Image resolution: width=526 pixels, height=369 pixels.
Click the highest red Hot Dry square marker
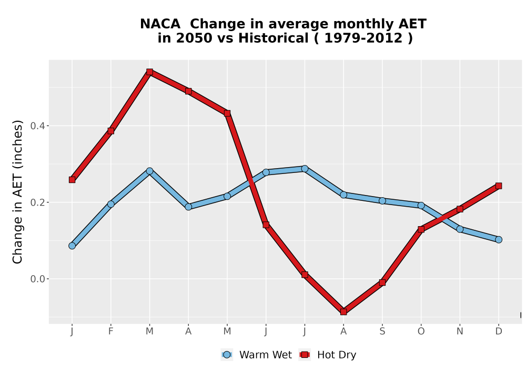pyautogui.click(x=149, y=72)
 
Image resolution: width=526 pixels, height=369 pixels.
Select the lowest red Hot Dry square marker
pyautogui.click(x=343, y=312)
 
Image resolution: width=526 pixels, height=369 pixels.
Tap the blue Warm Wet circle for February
pyautogui.click(x=110, y=204)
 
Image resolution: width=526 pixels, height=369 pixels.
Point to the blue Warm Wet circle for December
pyautogui.click(x=499, y=240)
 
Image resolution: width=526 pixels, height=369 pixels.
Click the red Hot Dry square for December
pyautogui.click(x=499, y=186)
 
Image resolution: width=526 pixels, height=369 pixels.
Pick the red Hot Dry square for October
pyautogui.click(x=421, y=229)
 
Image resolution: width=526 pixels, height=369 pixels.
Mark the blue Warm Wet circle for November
pyautogui.click(x=460, y=229)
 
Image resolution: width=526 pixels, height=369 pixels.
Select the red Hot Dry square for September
pyautogui.click(x=382, y=283)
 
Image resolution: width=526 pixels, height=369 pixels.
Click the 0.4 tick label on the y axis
pyautogui.click(x=37, y=126)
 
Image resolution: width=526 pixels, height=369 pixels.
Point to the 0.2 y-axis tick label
pyautogui.click(x=37, y=202)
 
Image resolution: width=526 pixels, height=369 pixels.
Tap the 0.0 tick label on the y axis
pyautogui.click(x=37, y=279)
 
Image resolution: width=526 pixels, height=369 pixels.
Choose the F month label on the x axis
pyautogui.click(x=110, y=332)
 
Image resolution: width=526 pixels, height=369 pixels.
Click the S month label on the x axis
pyautogui.click(x=382, y=332)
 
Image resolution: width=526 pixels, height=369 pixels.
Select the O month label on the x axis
pyautogui.click(x=421, y=332)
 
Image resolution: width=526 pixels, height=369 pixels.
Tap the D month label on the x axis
pyautogui.click(x=499, y=332)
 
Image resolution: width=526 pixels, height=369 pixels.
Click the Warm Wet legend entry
pyautogui.click(x=256, y=355)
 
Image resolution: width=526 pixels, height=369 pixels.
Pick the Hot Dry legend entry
pyautogui.click(x=328, y=355)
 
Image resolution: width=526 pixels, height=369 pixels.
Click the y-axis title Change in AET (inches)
pyautogui.click(x=17, y=192)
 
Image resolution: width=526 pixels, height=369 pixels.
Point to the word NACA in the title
pyautogui.click(x=160, y=24)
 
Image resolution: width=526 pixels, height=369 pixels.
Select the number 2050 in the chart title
pyautogui.click(x=194, y=38)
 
